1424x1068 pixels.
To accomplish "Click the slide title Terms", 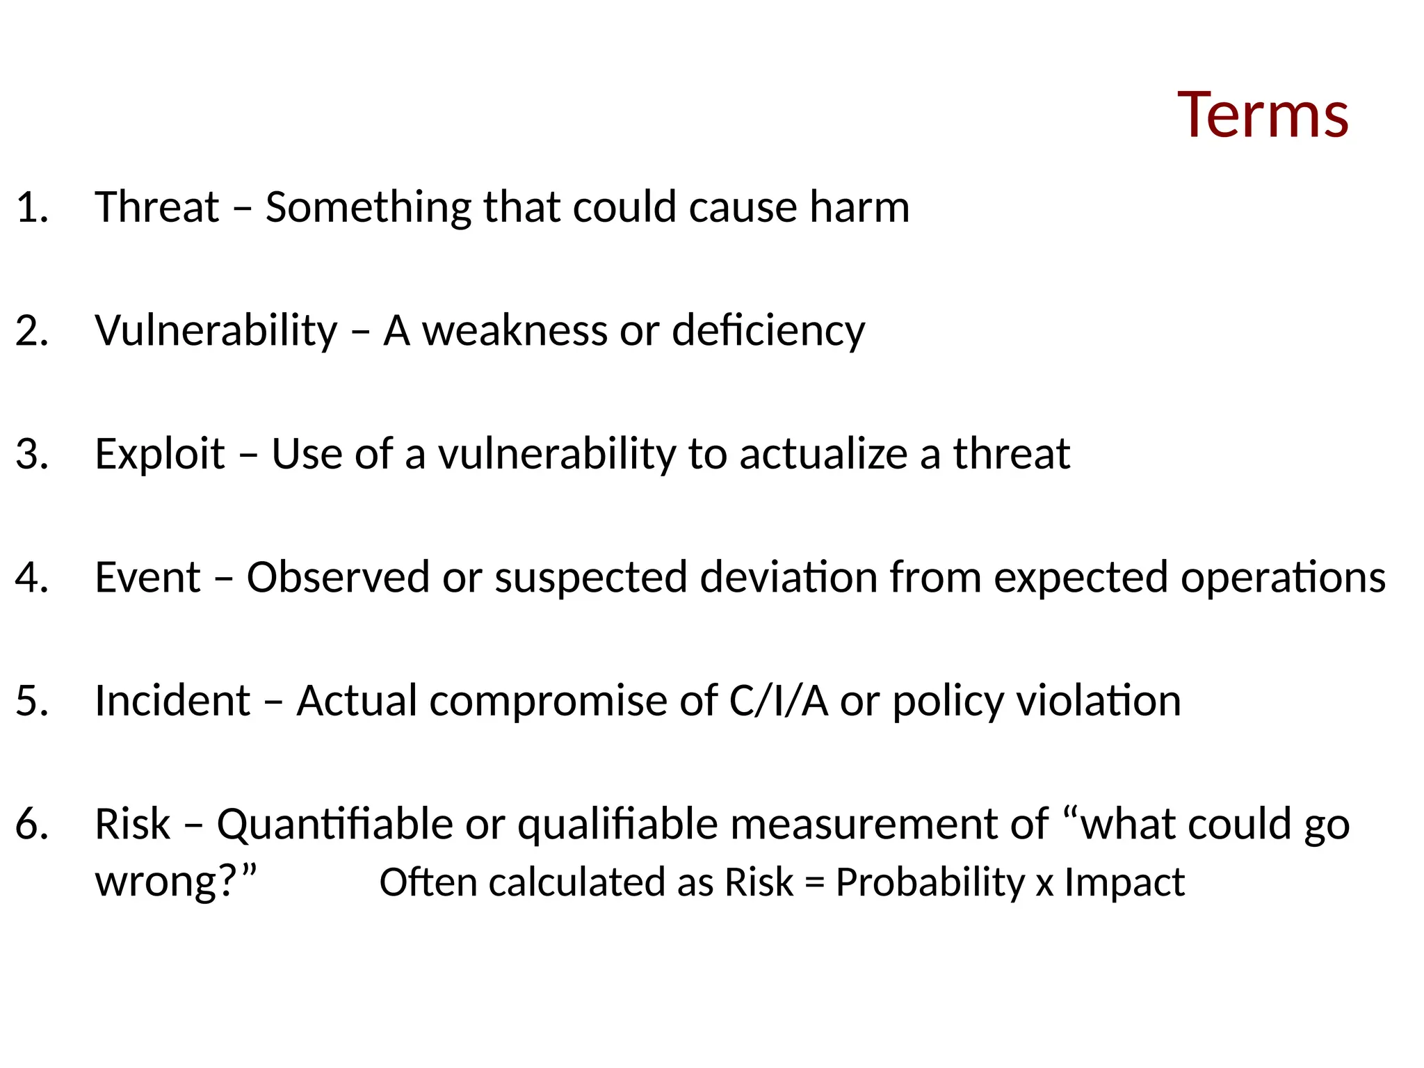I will [1263, 115].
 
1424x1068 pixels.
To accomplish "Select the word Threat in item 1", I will [157, 207].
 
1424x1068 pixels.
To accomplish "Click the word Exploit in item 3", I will [160, 454].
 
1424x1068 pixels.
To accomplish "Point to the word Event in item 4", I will [147, 577].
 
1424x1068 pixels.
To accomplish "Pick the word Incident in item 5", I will [172, 700].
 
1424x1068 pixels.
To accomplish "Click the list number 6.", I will [32, 825].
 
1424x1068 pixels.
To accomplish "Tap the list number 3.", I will [32, 454].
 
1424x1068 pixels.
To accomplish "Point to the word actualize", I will [823, 454].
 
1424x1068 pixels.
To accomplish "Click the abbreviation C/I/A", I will [778, 700].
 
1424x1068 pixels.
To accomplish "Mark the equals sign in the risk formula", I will [814, 884].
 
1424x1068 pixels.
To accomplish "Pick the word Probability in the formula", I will [930, 883].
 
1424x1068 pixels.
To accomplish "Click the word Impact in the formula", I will [1124, 883].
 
